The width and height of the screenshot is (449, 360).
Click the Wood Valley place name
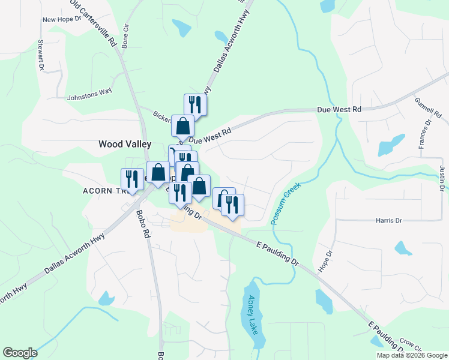pyautogui.click(x=125, y=145)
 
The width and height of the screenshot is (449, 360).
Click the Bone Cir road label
pyautogui.click(x=125, y=36)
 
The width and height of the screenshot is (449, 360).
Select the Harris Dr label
pyautogui.click(x=389, y=221)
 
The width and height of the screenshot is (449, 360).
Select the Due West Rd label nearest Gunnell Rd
pyautogui.click(x=339, y=110)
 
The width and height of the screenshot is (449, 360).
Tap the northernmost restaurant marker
pyautogui.click(x=195, y=104)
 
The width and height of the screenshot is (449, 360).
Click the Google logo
pyautogui.click(x=20, y=353)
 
